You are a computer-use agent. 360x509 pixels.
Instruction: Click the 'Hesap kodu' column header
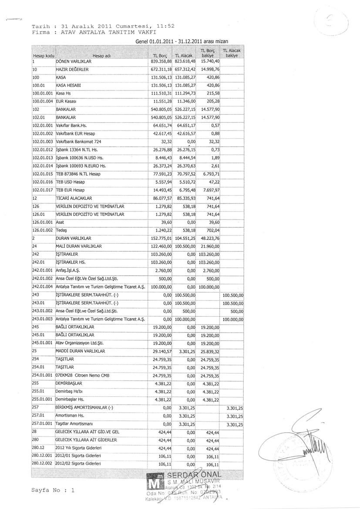pos(43,56)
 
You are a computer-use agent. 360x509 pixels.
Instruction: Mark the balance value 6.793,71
pos(210,174)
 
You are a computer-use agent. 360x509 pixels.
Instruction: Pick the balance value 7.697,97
pos(210,190)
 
